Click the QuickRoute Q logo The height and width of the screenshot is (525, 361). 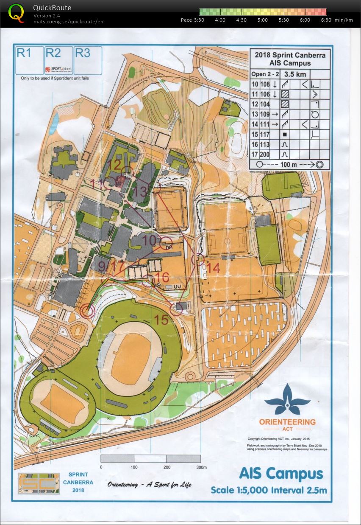(16, 13)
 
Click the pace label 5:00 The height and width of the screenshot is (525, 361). (262, 20)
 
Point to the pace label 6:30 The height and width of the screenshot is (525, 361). (326, 20)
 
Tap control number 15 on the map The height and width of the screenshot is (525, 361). (161, 320)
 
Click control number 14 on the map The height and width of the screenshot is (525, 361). (214, 268)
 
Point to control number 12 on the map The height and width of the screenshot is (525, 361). (115, 164)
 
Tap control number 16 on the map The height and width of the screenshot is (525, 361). (162, 278)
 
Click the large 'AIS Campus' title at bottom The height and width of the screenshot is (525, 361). (280, 474)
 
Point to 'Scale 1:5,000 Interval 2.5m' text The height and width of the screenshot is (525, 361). (269, 490)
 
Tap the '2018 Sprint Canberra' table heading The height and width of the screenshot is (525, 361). (290, 55)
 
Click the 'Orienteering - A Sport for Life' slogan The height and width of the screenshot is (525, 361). (150, 485)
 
